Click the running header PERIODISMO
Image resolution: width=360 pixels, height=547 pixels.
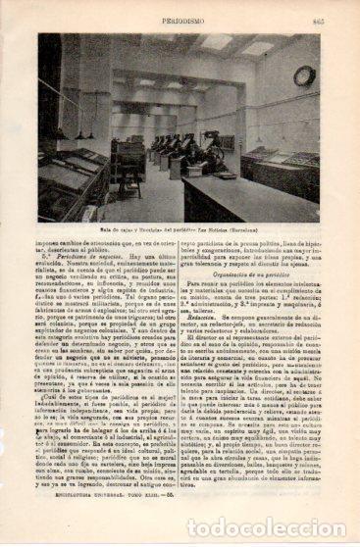(x=182, y=18)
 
